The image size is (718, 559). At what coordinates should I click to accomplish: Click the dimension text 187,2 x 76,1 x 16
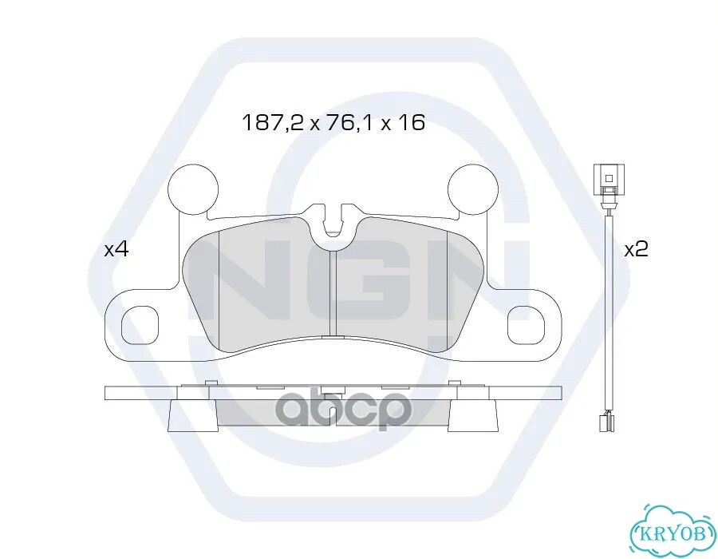tap(333, 123)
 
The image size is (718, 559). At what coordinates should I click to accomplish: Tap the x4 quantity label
tap(116, 250)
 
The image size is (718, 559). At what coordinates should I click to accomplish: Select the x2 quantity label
tap(637, 250)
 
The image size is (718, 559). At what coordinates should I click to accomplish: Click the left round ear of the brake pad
tap(193, 188)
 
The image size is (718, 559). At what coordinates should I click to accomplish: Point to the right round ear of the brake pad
tap(472, 188)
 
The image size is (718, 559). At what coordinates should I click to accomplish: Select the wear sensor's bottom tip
tap(607, 422)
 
